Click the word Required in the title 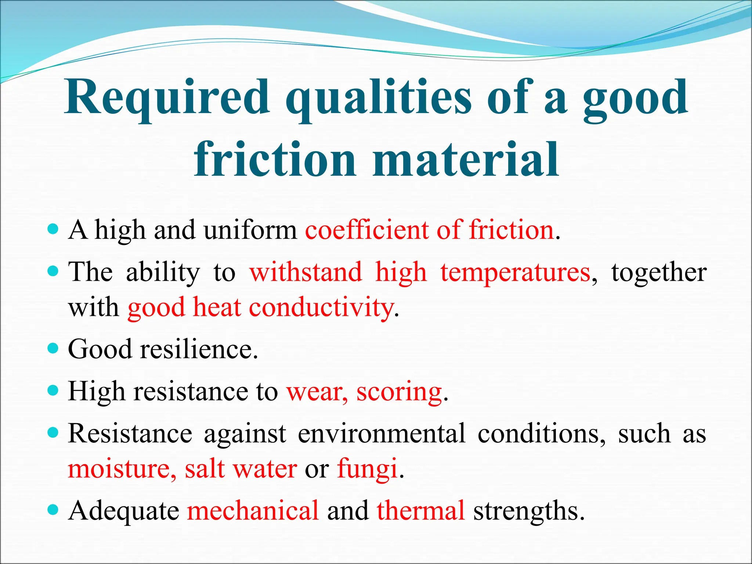(x=167, y=97)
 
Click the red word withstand (x=305, y=273)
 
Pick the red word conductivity (x=321, y=308)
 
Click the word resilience (x=199, y=349)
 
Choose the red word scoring (x=399, y=392)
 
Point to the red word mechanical (x=253, y=511)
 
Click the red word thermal (x=421, y=511)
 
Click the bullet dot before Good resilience (x=53, y=348)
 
